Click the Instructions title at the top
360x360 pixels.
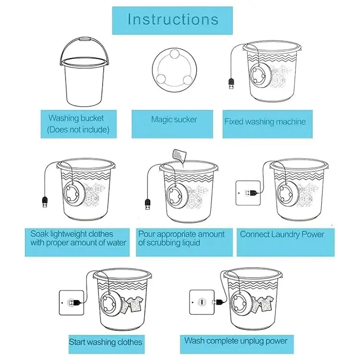tap(173, 19)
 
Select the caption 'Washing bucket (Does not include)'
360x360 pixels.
tap(76, 123)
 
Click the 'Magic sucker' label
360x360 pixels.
tap(174, 120)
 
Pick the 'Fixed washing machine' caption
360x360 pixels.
tap(265, 121)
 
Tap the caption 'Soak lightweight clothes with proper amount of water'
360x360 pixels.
tap(78, 238)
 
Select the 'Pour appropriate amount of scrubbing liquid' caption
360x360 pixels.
tap(181, 238)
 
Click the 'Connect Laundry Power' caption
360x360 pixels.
tap(282, 235)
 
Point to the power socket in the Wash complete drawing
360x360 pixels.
tap(202, 301)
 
